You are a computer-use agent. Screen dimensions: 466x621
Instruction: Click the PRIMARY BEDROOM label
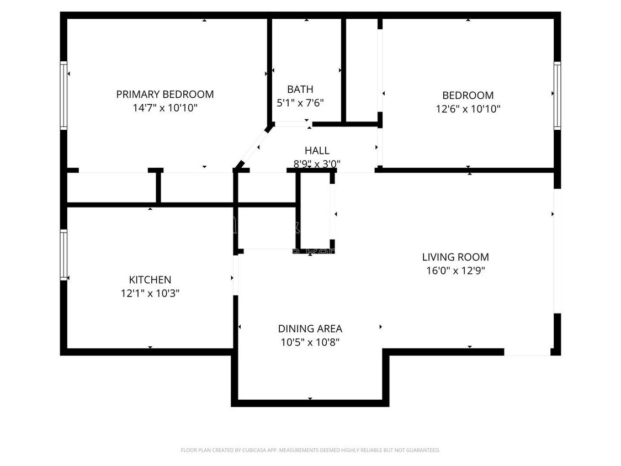164,94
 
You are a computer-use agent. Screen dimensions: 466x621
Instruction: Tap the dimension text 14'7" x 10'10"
164,108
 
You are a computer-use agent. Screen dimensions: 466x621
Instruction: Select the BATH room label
300,89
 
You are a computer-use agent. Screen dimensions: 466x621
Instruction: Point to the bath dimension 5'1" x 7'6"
300,103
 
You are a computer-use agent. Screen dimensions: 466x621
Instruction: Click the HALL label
317,151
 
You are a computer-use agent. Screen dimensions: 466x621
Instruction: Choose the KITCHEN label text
150,280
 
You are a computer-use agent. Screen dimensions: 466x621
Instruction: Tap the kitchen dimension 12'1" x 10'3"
150,294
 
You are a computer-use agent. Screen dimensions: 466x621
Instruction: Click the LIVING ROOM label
455,257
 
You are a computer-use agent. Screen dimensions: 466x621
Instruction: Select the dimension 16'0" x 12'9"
455,271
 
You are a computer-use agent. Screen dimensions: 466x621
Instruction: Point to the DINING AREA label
310,329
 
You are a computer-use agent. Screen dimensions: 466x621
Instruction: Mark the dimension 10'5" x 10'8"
310,342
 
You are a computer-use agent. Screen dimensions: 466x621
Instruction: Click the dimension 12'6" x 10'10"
468,109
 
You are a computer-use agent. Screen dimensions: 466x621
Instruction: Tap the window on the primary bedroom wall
63,96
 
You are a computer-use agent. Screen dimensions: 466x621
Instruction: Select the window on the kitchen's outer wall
63,255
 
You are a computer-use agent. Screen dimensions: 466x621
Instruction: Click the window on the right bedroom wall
557,96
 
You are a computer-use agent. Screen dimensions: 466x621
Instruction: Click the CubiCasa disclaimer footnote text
310,450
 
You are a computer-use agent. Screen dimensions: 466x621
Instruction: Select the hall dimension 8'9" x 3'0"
317,164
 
